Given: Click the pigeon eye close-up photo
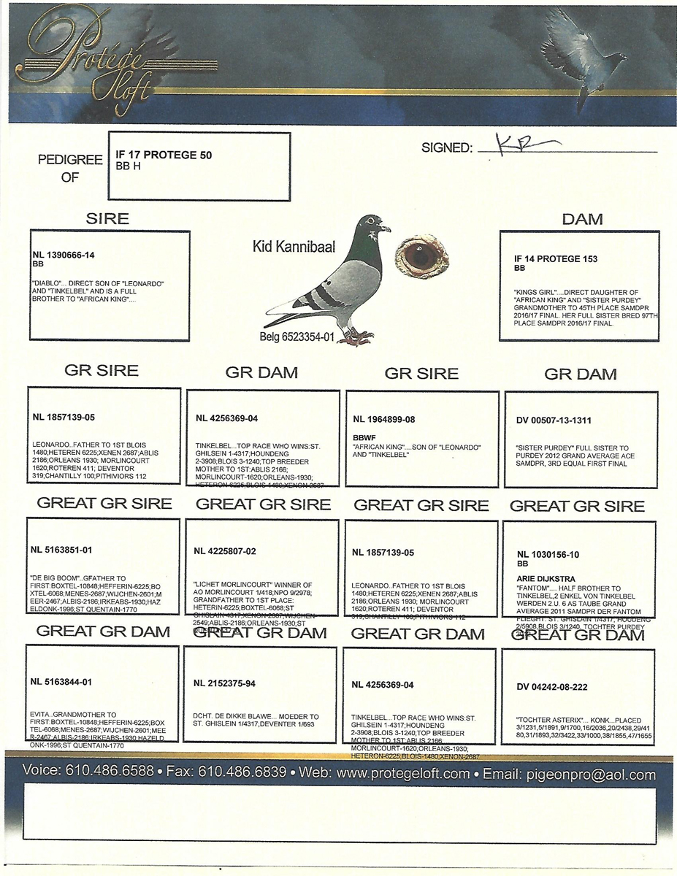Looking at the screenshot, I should pos(422,256).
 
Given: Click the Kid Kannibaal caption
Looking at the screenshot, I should pos(294,247).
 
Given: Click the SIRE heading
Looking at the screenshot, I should pos(107,218).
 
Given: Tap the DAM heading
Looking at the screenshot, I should pos(582,219).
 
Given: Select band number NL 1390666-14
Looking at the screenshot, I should pos(64,255).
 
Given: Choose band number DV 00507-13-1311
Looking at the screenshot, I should pos(554,420).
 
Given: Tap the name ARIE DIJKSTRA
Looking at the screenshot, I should pos(546,579).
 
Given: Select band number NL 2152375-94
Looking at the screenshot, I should pos(225,683).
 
